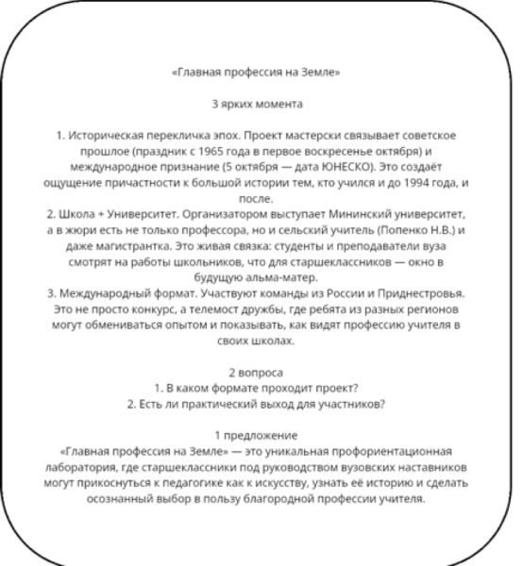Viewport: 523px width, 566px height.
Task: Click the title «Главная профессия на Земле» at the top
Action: tap(262, 71)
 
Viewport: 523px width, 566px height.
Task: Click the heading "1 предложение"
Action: tap(262, 434)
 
